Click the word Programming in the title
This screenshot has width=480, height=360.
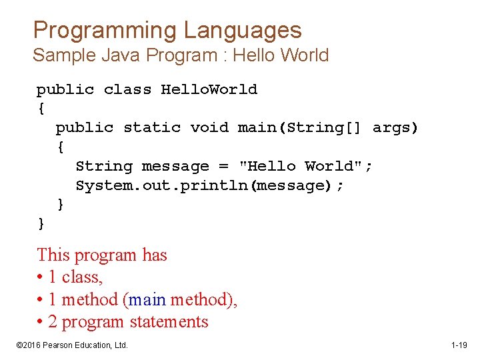[x=105, y=30]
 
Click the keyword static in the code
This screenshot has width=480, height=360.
[x=152, y=127]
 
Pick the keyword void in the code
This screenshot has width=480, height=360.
[x=209, y=127]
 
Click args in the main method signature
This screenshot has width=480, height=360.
[x=395, y=127]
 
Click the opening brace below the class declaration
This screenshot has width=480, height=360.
[x=41, y=108]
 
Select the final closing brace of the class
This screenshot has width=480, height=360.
[x=41, y=223]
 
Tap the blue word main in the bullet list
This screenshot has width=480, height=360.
[x=147, y=300]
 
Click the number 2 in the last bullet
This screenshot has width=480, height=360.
[x=53, y=322]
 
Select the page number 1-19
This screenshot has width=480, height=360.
[x=459, y=345]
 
